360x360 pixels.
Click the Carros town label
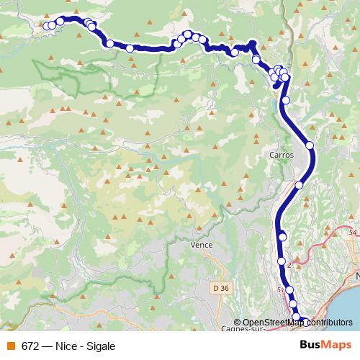coord(280,154)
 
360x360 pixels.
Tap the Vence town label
coord(201,245)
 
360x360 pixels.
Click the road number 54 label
coord(352,233)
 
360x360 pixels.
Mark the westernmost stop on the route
coord(48,27)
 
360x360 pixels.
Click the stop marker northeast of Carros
coord(310,145)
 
